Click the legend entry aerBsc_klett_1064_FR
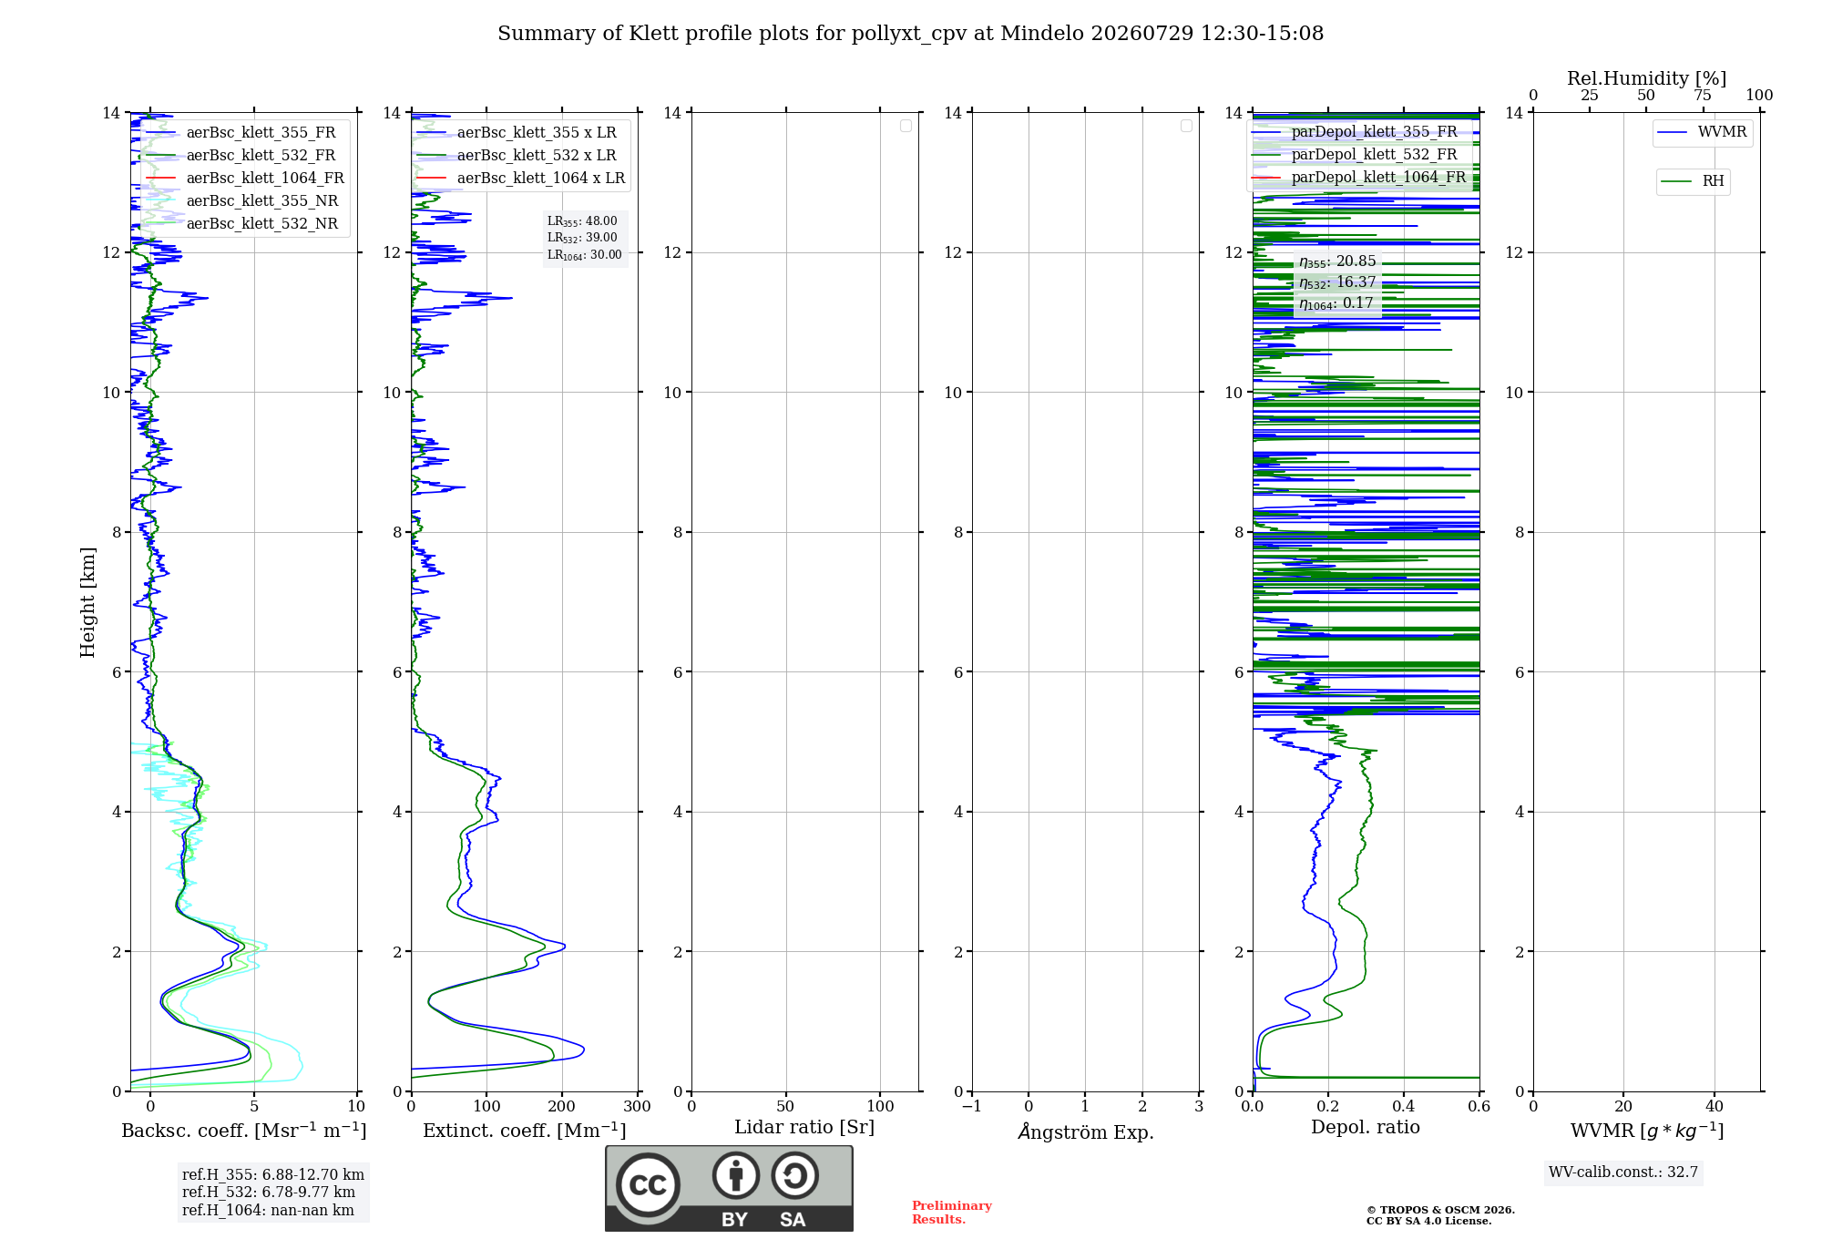(244, 178)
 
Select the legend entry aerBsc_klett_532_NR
(241, 223)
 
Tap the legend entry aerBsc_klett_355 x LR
(517, 132)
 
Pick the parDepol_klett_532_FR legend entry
(1355, 154)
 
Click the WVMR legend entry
(1702, 132)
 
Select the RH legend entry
(1693, 181)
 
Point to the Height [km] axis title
(87, 602)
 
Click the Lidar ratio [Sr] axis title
(804, 1127)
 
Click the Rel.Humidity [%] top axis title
(1646, 78)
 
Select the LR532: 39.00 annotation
(582, 238)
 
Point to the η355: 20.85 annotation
(1337, 261)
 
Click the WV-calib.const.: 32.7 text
(1623, 1172)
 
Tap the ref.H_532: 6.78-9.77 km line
(269, 1192)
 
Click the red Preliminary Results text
(952, 1213)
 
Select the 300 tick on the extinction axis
(638, 1106)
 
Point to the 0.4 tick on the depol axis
(1404, 1106)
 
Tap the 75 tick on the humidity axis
(1703, 95)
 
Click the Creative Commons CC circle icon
(648, 1185)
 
